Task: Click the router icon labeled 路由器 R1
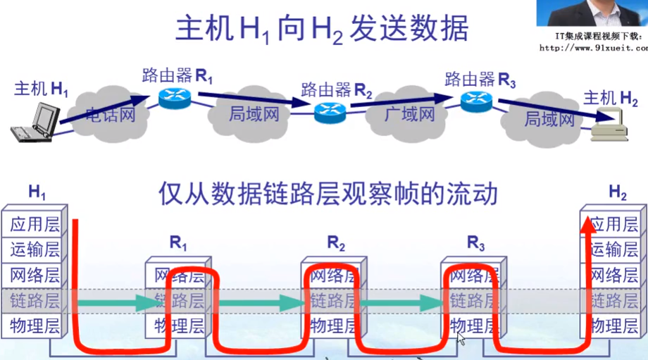tap(170, 99)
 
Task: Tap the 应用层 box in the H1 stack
tap(33, 225)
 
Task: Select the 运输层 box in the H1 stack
tap(33, 249)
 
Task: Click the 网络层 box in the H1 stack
tap(33, 275)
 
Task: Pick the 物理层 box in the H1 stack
tap(33, 325)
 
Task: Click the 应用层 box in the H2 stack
tap(613, 225)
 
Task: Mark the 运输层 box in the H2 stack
tap(613, 249)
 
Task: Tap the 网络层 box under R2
tap(335, 275)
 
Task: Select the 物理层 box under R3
tap(475, 325)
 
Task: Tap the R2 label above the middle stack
tap(336, 244)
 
